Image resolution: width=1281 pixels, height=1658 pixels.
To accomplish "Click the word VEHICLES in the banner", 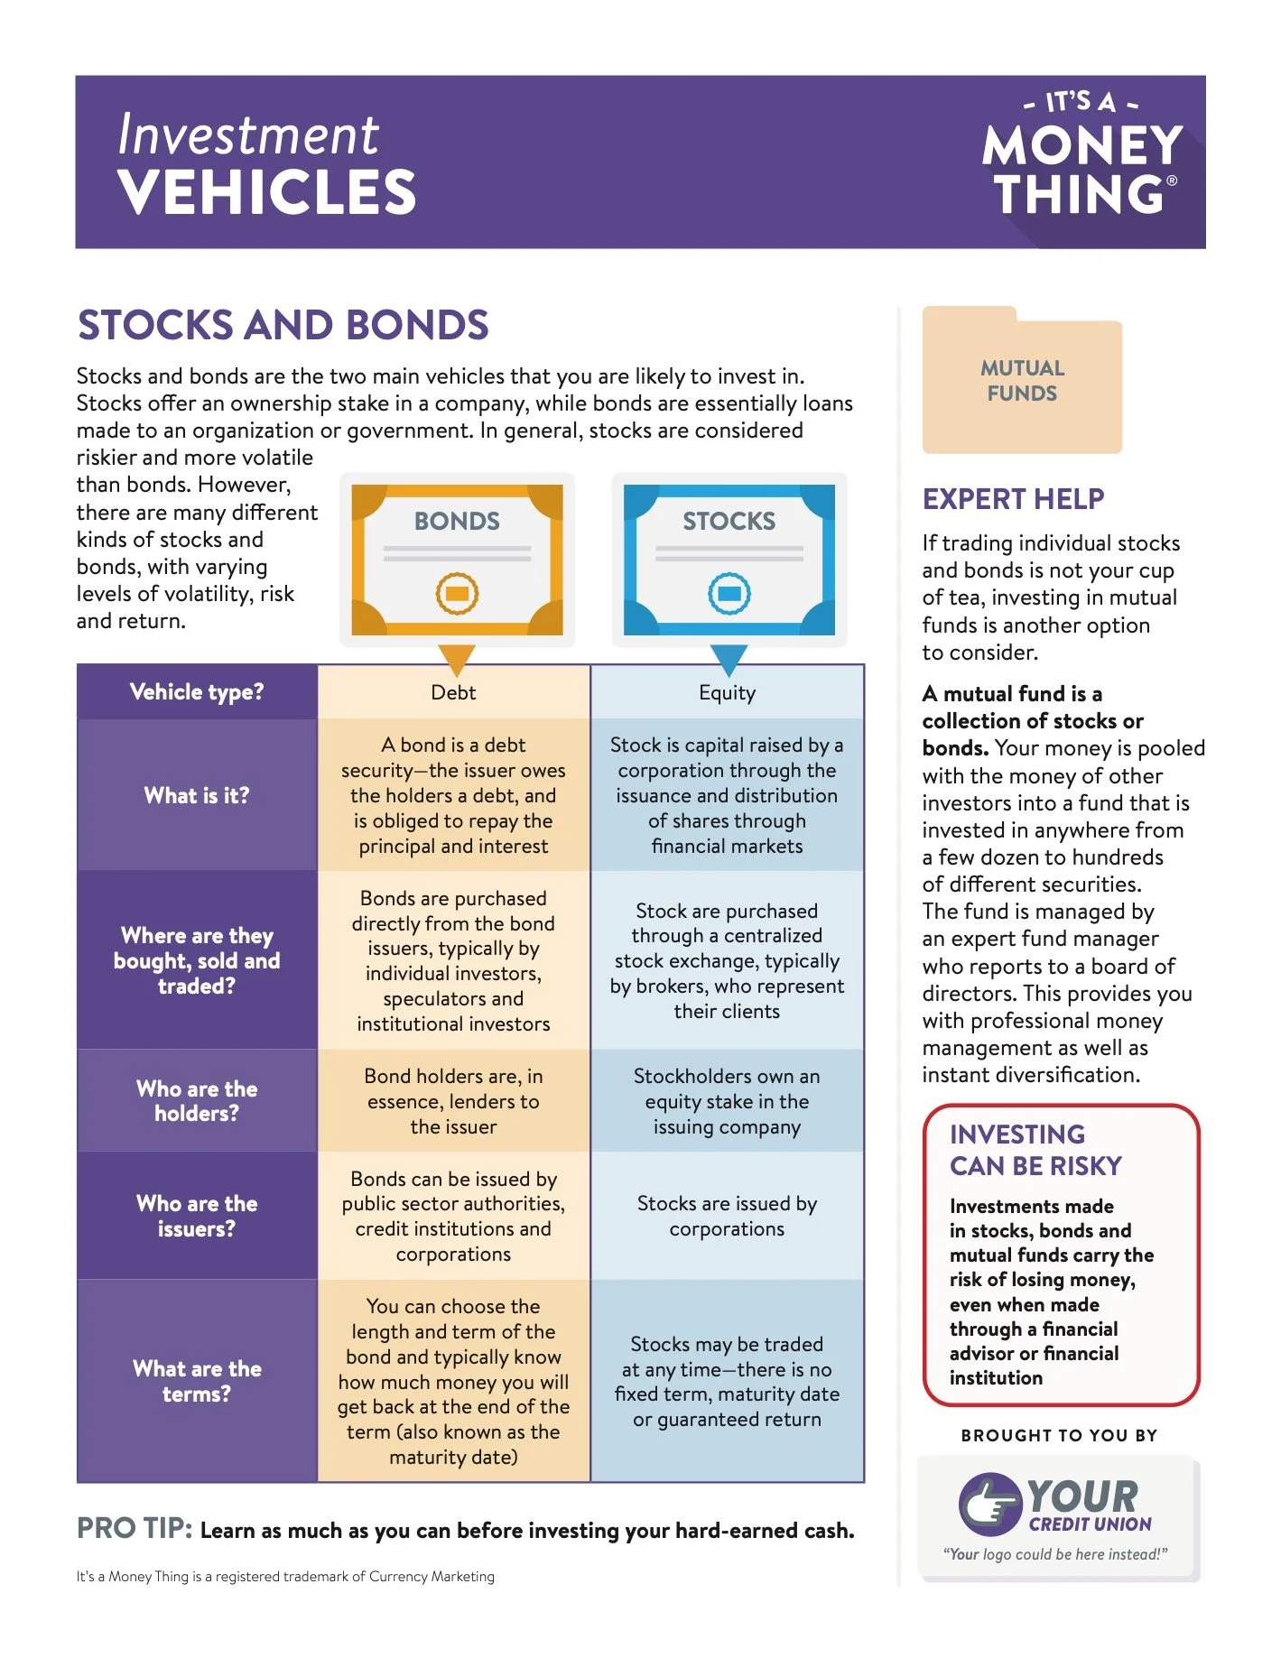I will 266,192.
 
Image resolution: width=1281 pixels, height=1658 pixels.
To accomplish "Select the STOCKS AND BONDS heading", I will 283,326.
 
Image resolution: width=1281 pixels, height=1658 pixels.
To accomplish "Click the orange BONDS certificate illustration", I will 457,560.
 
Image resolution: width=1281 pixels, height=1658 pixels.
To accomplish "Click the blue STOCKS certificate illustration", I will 729,560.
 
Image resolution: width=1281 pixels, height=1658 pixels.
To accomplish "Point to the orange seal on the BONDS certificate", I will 457,593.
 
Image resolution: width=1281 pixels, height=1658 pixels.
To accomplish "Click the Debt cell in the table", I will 453,692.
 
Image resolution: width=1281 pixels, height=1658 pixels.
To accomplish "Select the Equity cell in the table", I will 727,692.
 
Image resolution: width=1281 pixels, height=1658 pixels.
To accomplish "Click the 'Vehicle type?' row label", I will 197,692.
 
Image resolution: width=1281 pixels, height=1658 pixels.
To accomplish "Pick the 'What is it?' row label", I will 197,795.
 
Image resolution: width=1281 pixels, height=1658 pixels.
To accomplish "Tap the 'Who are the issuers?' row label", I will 197,1216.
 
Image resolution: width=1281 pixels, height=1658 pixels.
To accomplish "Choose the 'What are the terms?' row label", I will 197,1381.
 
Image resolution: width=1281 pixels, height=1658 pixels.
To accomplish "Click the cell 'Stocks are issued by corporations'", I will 727,1216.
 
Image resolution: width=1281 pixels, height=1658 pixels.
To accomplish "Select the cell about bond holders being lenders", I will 453,1101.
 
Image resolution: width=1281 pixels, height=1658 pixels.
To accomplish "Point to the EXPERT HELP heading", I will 1013,499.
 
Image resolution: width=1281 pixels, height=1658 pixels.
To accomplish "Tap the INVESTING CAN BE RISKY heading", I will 1035,1150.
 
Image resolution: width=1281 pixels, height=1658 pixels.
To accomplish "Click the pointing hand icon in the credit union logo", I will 988,1505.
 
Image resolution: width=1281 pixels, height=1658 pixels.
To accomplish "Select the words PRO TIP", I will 134,1529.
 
